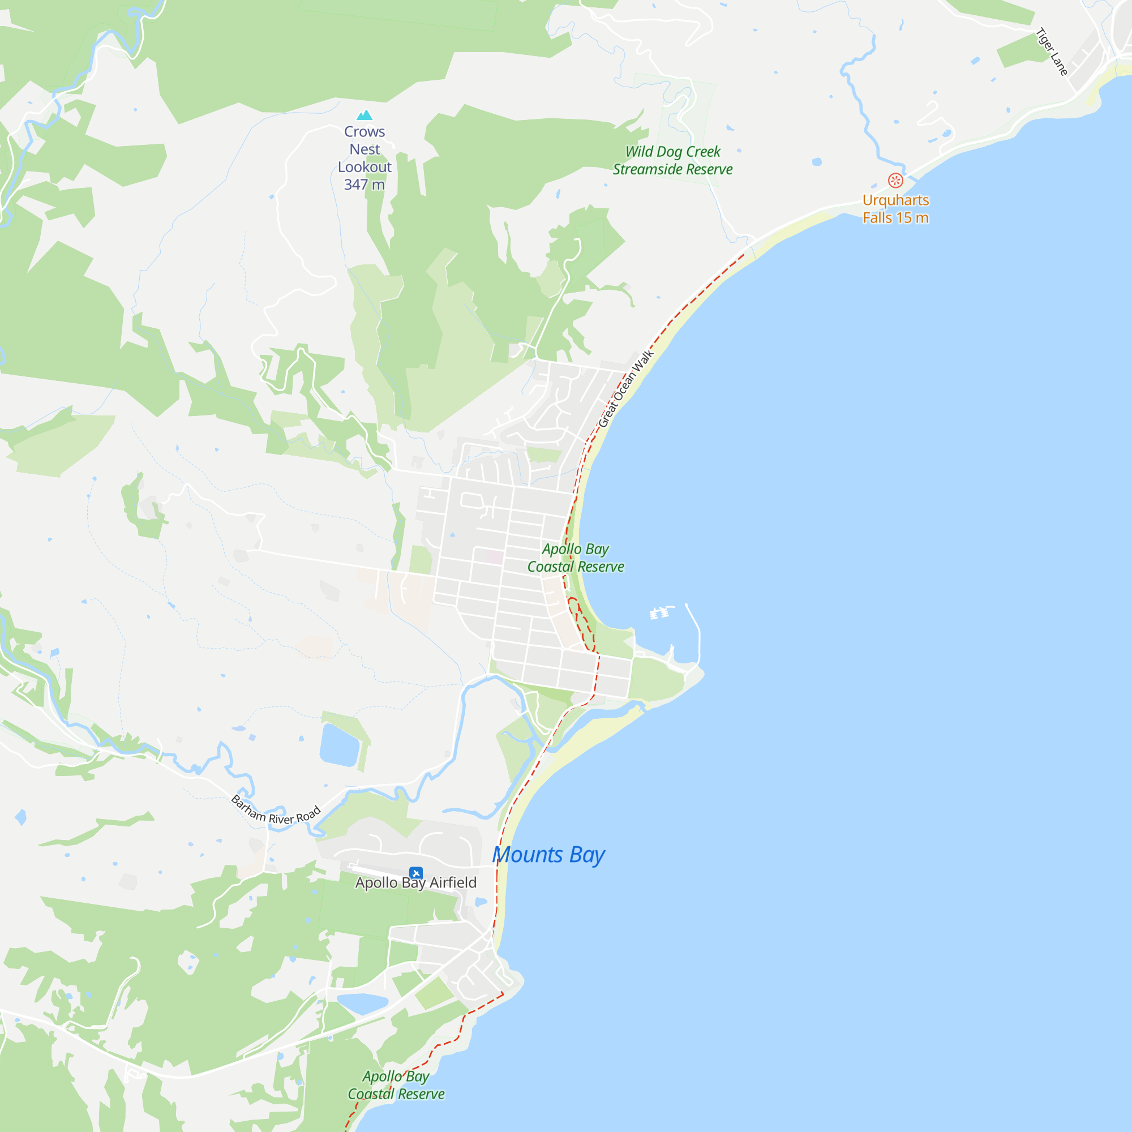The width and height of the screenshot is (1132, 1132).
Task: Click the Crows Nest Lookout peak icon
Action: (365, 115)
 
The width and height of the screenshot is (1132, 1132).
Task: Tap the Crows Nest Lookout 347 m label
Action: (365, 158)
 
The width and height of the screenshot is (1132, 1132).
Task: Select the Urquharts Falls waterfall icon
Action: (895, 180)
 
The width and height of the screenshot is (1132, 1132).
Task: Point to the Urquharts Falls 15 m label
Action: (895, 209)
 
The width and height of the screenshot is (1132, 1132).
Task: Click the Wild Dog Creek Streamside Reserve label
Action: (672, 161)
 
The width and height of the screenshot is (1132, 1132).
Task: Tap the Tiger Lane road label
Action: (1052, 52)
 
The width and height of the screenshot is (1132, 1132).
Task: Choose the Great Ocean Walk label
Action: (625, 389)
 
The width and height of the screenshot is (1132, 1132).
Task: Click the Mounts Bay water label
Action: (548, 855)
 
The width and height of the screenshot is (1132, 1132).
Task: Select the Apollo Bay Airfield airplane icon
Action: (416, 873)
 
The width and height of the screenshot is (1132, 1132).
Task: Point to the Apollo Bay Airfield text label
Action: (416, 883)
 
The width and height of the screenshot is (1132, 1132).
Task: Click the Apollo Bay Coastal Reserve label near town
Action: (576, 558)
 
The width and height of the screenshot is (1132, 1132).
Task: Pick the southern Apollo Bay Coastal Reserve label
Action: (396, 1085)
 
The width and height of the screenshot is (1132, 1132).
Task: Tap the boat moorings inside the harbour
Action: (660, 613)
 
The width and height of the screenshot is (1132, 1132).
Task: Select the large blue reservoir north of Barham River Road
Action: (339, 745)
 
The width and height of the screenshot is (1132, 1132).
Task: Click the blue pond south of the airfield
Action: (362, 1002)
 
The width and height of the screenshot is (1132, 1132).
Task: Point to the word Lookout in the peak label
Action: (365, 167)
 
